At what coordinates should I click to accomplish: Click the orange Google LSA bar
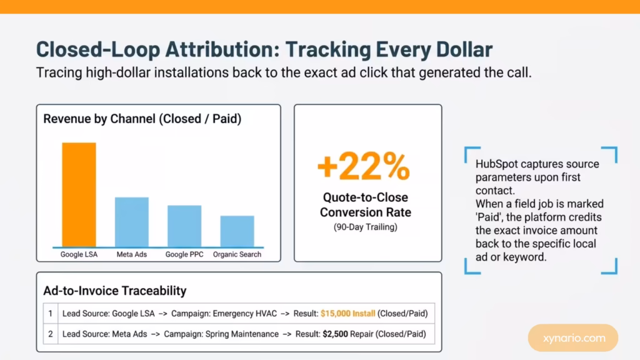point(79,195)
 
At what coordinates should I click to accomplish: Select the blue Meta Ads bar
point(132,222)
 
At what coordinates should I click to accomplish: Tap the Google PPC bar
point(184,226)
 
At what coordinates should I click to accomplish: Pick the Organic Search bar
point(237,231)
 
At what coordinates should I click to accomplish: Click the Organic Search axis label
point(237,254)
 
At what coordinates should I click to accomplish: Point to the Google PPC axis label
point(184,254)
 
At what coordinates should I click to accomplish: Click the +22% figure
point(364,166)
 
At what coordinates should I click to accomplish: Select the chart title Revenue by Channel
point(142,119)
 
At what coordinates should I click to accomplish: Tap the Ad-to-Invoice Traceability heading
point(115,291)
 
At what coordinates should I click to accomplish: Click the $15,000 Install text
point(347,314)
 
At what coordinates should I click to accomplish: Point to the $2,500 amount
point(336,334)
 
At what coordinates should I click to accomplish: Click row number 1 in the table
point(50,314)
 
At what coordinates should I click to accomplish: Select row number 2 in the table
point(50,334)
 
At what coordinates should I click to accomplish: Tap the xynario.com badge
point(573,338)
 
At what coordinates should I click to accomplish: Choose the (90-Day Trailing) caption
point(365,227)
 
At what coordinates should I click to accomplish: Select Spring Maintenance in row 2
point(242,334)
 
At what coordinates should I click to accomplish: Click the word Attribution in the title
point(222,49)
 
